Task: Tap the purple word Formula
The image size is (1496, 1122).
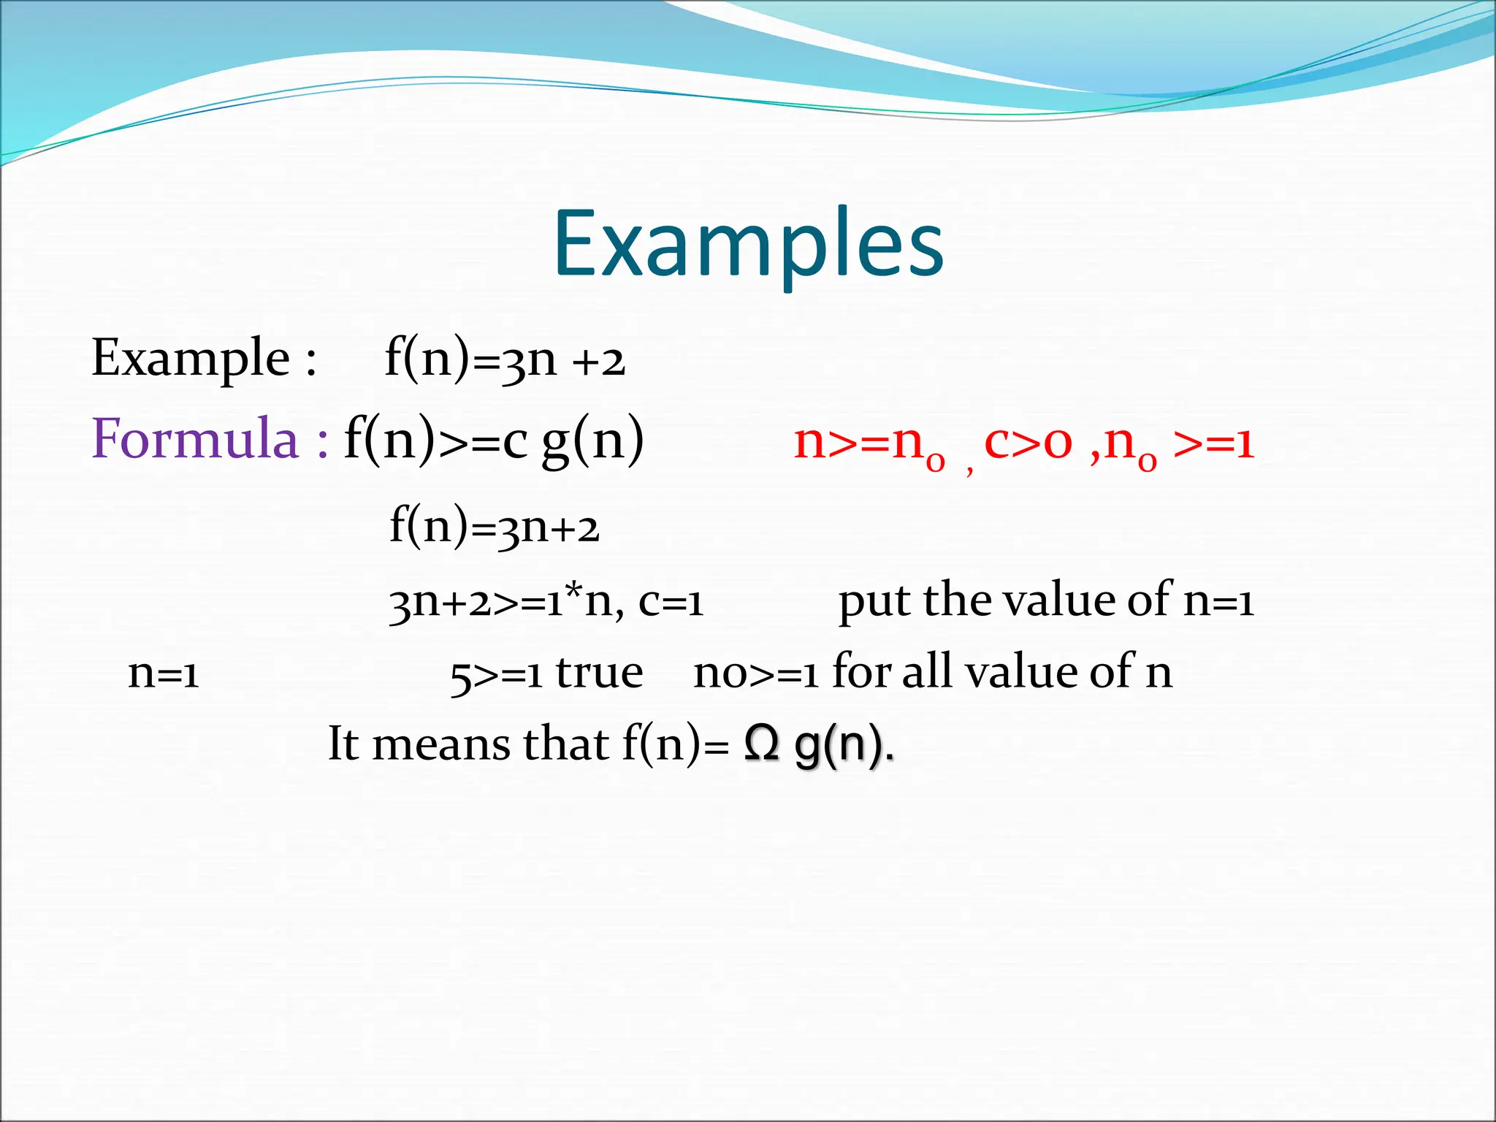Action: point(195,439)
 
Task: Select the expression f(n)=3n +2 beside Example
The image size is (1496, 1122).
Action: point(505,359)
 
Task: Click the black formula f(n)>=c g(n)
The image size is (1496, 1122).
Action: point(494,440)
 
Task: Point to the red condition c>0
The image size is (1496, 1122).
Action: point(1028,442)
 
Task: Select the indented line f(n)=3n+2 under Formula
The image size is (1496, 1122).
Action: point(494,526)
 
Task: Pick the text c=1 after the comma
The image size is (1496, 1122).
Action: point(671,602)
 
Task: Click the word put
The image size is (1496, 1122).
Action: point(874,602)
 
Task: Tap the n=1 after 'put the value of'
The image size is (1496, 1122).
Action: point(1218,602)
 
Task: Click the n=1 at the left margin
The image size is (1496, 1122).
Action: point(163,673)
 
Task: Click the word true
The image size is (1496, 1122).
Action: point(599,673)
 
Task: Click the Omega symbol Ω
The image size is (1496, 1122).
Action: point(762,745)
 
